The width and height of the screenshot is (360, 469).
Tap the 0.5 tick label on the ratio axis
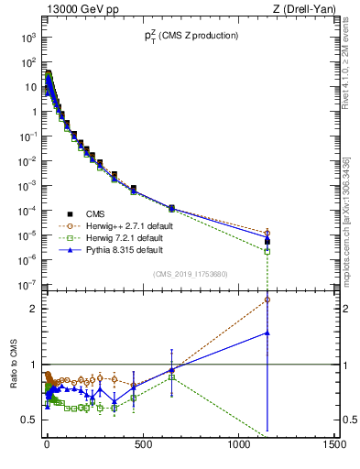click(27, 420)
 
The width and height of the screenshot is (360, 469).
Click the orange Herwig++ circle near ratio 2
click(267, 300)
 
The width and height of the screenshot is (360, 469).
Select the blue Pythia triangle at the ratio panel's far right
click(267, 333)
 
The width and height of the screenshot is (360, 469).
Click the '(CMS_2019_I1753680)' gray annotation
click(190, 273)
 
